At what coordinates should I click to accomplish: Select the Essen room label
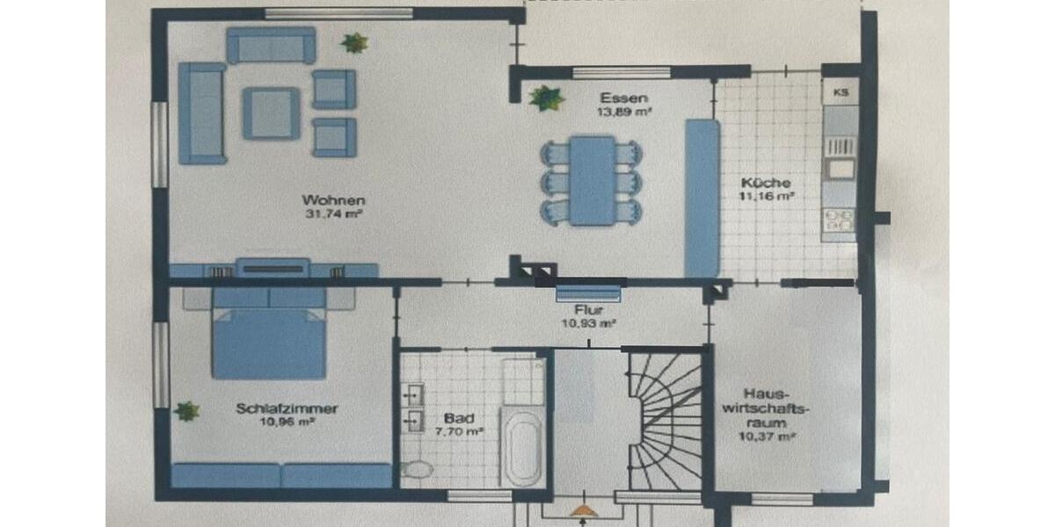click(x=618, y=97)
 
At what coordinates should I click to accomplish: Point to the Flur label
click(x=588, y=310)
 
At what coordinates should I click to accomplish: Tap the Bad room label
click(x=456, y=418)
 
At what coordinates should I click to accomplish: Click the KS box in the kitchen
click(x=840, y=91)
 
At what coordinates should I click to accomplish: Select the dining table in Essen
click(x=592, y=180)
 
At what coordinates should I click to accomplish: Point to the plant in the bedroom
click(x=186, y=411)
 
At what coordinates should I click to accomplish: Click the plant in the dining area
click(x=547, y=97)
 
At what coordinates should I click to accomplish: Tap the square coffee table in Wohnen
click(x=271, y=112)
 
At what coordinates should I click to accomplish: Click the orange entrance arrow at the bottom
click(x=581, y=509)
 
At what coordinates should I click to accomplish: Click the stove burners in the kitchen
click(x=840, y=220)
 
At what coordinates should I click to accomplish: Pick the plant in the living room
click(x=354, y=42)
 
